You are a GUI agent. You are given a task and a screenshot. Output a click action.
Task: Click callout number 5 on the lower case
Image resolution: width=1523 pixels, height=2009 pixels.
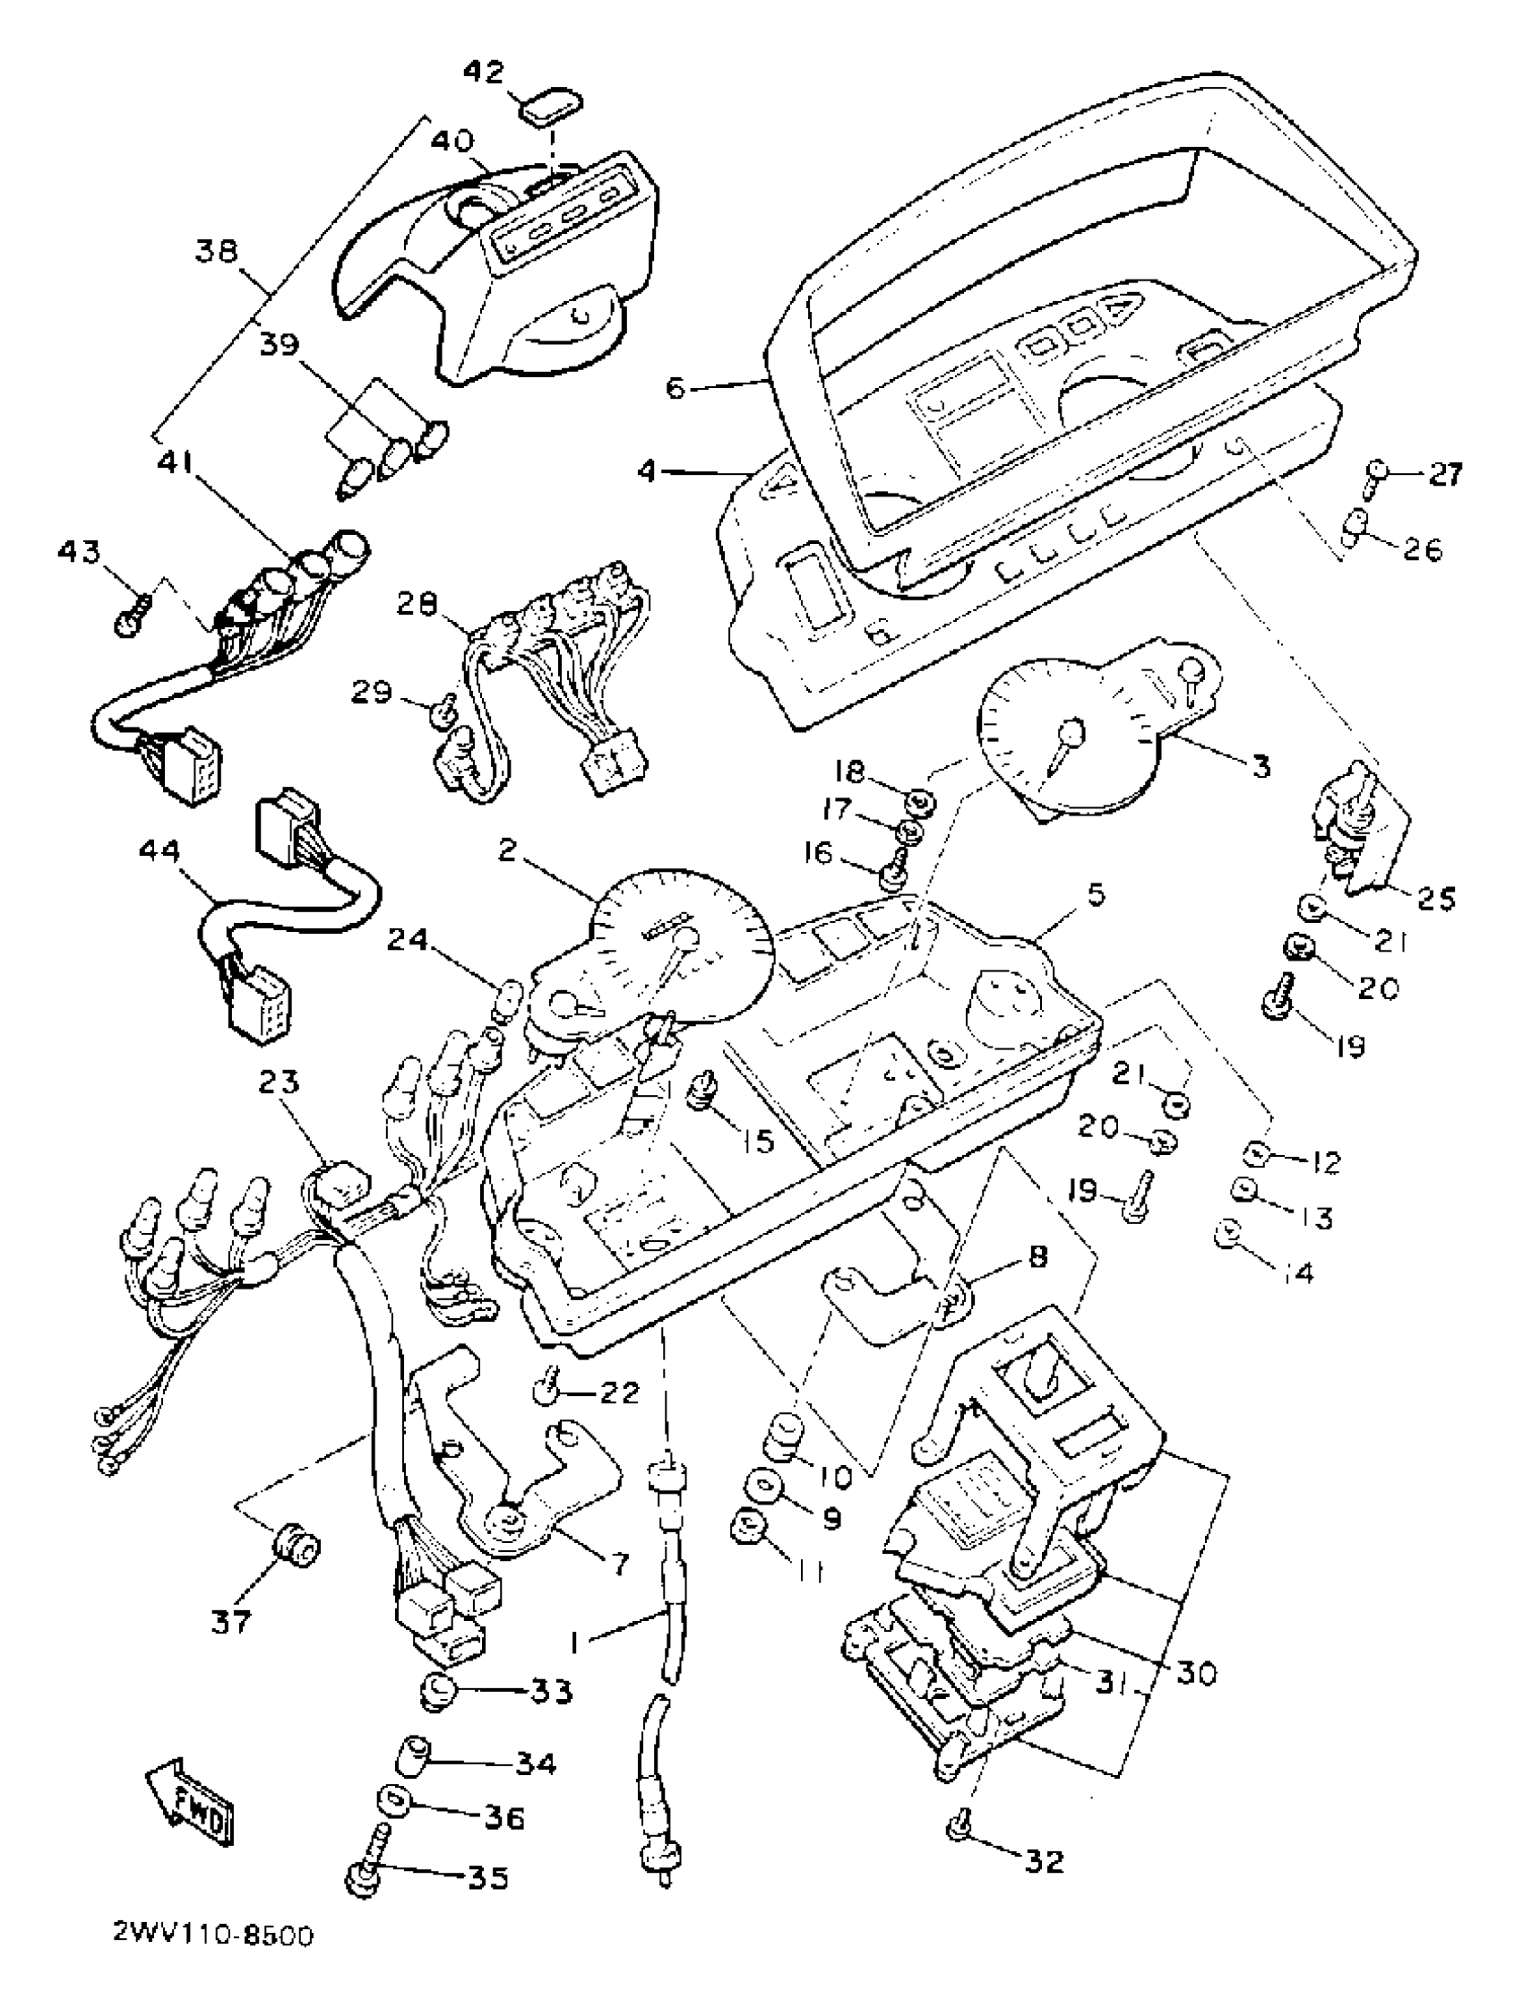(x=1097, y=895)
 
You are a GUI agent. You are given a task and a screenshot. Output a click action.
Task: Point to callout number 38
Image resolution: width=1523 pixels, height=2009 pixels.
(x=216, y=251)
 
